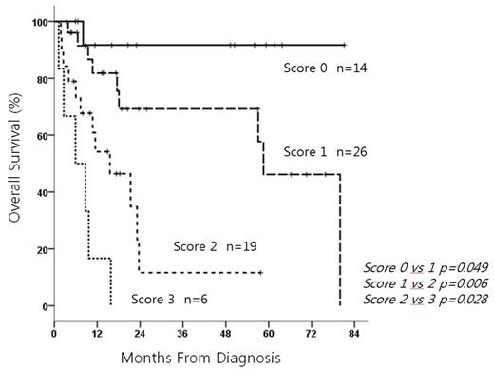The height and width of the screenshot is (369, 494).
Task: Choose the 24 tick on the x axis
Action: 140,322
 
